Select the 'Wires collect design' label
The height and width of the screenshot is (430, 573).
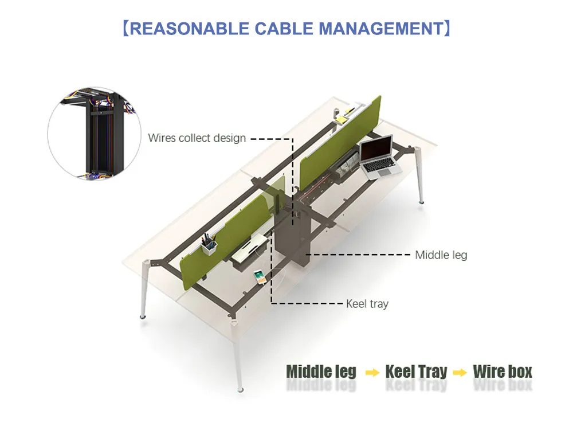[x=197, y=138]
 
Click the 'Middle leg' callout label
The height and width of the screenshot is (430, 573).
[x=441, y=255]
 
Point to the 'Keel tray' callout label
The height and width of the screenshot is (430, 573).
[x=367, y=303]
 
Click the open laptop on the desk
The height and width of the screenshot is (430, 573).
[x=380, y=157]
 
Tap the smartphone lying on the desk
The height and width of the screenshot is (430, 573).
[x=260, y=277]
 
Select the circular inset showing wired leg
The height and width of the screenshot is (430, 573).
[x=95, y=133]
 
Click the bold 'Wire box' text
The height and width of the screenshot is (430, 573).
[x=503, y=372]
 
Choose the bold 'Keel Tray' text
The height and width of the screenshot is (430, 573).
[x=416, y=372]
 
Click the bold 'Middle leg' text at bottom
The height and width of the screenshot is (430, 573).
[x=321, y=372]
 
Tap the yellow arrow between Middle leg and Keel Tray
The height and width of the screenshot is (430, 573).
[x=372, y=373]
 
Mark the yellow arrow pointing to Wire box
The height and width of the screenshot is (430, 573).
[x=460, y=373]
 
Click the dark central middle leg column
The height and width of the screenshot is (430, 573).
[x=292, y=234]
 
